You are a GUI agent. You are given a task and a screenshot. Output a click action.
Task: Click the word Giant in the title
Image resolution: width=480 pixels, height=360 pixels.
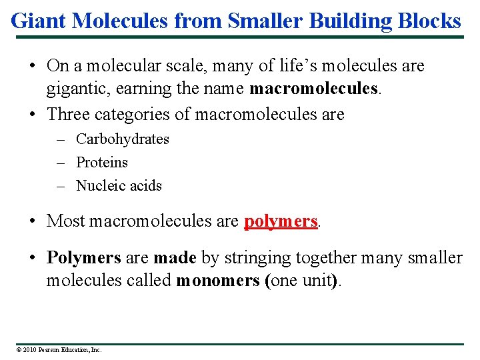tap(39, 21)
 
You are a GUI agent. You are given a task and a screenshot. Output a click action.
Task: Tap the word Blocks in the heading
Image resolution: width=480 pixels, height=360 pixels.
tap(431, 21)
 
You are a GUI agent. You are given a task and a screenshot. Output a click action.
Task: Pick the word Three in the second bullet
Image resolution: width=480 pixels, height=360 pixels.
tap(69, 114)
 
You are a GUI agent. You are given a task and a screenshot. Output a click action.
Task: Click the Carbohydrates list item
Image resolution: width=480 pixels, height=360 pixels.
tap(123, 139)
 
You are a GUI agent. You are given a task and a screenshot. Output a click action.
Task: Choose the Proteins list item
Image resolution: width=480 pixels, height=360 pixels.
tap(102, 163)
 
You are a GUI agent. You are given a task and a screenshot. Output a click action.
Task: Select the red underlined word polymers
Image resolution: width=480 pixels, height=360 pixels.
tap(281, 221)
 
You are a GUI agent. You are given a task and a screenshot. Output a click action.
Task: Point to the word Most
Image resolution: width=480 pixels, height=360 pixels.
tap(65, 221)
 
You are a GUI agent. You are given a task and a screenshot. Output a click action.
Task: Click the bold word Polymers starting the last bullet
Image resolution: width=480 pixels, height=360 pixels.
tap(83, 258)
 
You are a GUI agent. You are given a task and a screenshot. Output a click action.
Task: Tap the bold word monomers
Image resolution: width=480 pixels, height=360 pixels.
tap(219, 281)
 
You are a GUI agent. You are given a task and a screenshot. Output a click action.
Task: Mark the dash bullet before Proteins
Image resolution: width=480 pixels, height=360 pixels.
tap(60, 163)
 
